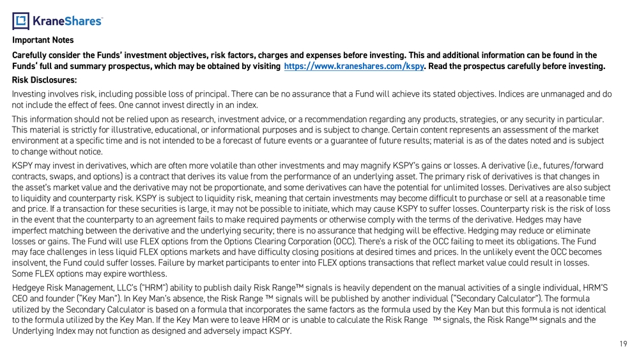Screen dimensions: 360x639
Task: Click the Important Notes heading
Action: pyautogui.click(x=43, y=40)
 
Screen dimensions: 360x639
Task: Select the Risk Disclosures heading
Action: pyautogui.click(x=44, y=80)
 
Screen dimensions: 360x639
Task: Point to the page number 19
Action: pyautogui.click(x=623, y=345)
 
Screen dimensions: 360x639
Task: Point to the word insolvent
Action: pyautogui.click(x=28, y=262)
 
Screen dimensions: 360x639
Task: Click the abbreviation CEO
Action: pyautogui.click(x=22, y=299)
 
